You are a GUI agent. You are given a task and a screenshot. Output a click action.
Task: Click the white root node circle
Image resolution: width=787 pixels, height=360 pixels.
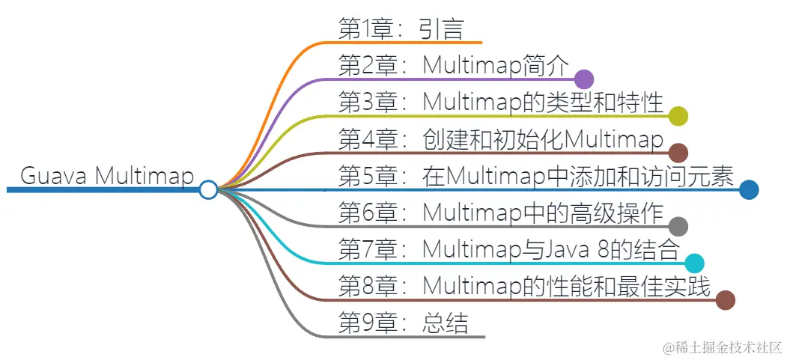208,190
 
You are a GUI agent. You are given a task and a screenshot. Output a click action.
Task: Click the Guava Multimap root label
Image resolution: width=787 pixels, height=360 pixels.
106,177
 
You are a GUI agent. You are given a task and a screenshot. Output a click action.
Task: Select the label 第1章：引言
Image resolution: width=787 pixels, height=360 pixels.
401,28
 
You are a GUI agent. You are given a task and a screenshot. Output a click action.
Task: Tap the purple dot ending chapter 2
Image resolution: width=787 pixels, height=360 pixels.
584,79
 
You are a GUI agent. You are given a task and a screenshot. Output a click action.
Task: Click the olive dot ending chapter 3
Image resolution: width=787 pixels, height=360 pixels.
678,115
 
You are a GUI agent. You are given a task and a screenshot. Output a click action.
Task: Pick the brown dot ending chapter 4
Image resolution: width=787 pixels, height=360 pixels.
678,153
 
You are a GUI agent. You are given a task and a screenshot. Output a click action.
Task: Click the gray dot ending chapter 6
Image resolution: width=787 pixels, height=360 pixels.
678,227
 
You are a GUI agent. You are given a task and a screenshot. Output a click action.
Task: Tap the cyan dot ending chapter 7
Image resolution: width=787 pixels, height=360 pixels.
694,263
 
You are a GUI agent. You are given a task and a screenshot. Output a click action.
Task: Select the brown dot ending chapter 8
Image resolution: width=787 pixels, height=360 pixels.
725,300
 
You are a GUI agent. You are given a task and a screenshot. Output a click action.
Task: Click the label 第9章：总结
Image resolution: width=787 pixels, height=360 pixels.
404,323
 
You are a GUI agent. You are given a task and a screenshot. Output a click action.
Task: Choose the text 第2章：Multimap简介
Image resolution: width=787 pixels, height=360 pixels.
455,65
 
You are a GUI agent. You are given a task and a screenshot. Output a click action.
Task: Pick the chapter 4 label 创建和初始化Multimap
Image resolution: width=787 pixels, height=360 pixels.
502,139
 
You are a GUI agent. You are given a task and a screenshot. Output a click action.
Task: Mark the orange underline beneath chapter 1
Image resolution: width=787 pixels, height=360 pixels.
419,43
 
